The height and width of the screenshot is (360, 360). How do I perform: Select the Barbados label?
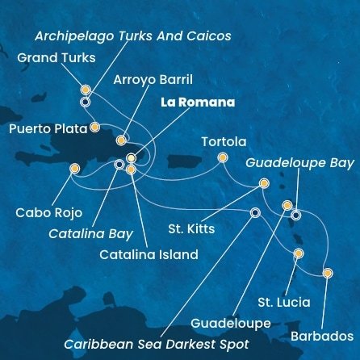pos(324,334)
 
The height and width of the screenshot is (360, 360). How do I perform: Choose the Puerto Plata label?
pos(44,128)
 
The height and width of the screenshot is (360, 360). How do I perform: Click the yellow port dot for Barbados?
pos(327,273)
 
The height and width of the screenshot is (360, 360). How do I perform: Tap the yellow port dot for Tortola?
pos(222,158)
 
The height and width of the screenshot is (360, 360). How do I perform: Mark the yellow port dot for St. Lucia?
pos(299,253)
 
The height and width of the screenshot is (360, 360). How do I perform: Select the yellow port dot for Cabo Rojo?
pos(75,169)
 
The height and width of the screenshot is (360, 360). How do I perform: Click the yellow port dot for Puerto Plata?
pos(95,127)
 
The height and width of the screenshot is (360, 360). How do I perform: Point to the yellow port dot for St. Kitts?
pos(264,183)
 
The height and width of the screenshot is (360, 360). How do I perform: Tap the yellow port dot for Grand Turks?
pos(86,90)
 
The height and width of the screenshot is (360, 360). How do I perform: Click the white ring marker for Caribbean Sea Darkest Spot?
pos(255,213)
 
